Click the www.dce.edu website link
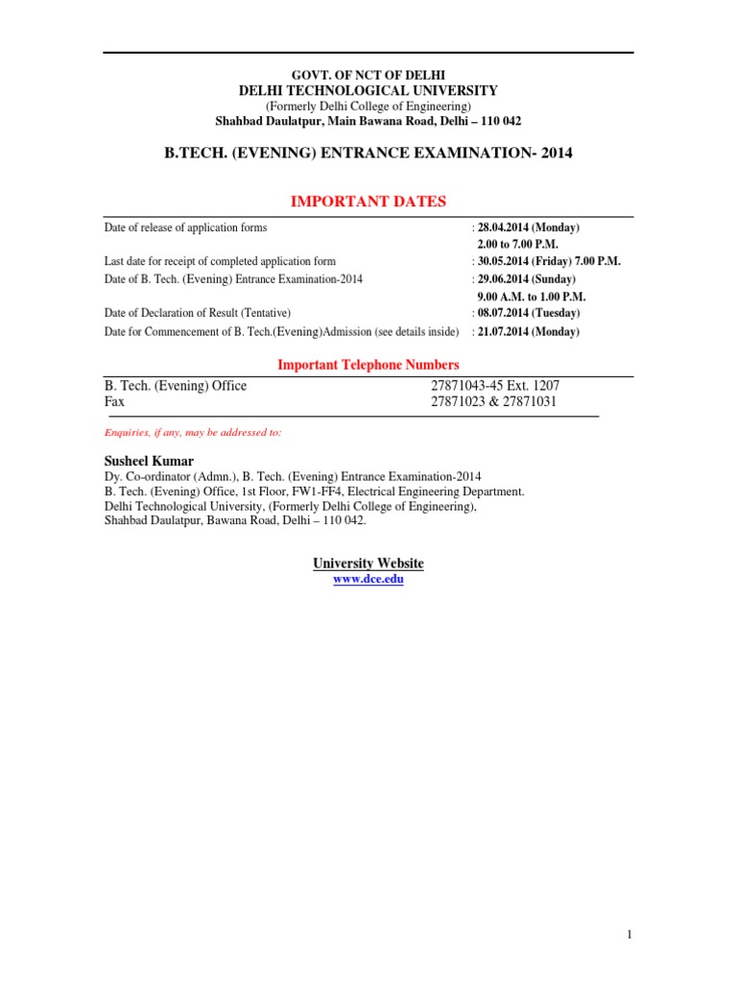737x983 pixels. click(368, 581)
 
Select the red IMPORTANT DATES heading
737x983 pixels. click(368, 201)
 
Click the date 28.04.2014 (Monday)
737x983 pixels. click(529, 228)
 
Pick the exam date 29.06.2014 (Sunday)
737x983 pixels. click(528, 278)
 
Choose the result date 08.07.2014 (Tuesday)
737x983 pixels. click(529, 313)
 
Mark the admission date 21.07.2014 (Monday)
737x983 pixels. click(529, 331)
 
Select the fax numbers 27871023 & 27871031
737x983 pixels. click(494, 402)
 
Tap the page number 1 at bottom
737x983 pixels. click(629, 934)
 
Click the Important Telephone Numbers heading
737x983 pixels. click(368, 365)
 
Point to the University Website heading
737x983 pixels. click(368, 563)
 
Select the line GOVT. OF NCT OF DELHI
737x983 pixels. click(368, 75)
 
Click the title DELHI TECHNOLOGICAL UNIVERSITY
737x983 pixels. click(368, 90)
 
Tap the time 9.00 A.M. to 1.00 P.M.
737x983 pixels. click(531, 296)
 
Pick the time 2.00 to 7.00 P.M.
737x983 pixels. click(517, 245)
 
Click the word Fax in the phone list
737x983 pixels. click(115, 402)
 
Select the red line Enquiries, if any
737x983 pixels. click(192, 433)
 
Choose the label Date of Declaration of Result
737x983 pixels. click(197, 313)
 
